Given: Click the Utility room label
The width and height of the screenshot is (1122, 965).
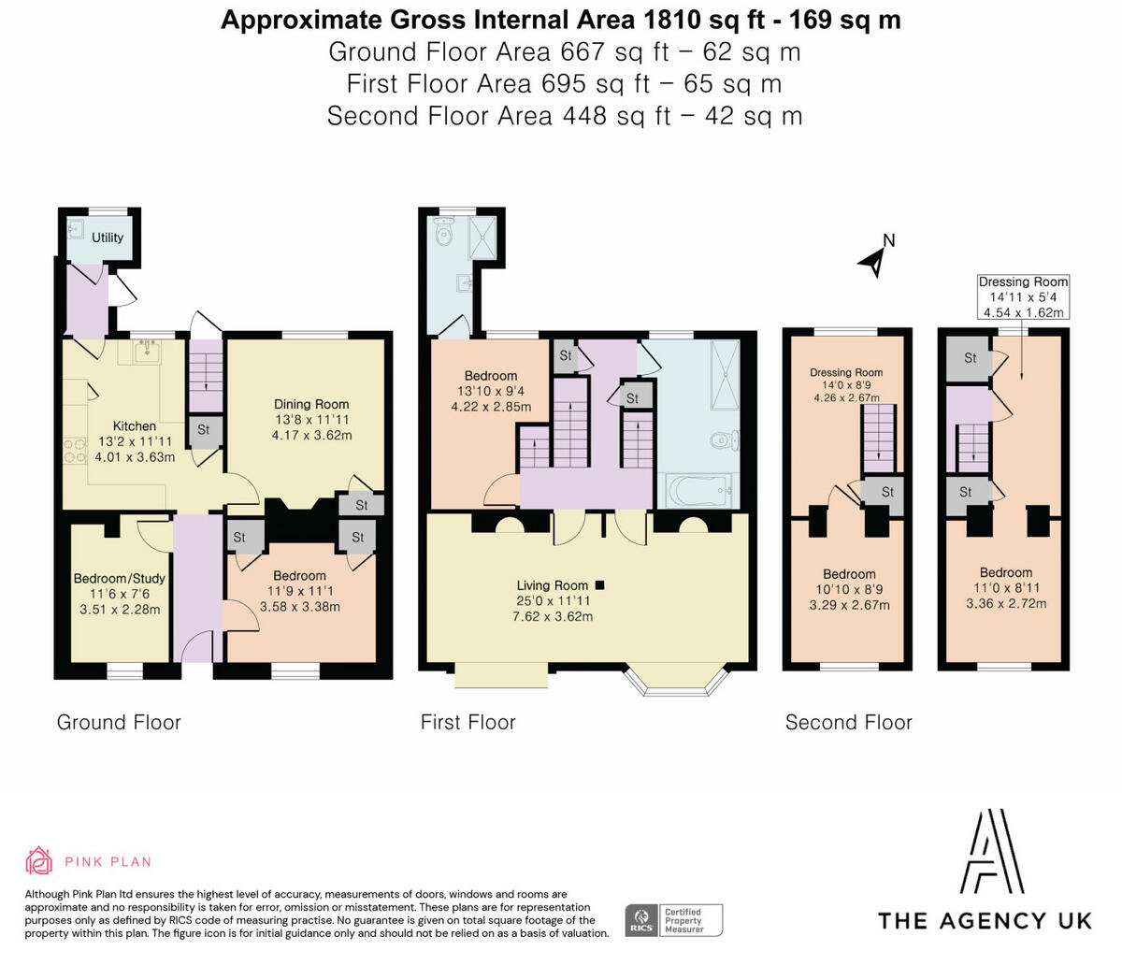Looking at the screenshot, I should click(108, 238).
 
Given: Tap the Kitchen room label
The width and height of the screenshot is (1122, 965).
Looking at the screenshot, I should click(135, 425).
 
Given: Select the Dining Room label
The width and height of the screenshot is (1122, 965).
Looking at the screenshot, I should click(311, 404).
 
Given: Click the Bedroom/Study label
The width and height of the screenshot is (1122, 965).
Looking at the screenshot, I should click(119, 579).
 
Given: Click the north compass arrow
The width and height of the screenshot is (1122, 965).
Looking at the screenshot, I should click(873, 260).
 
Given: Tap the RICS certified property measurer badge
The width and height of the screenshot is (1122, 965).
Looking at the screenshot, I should click(673, 919).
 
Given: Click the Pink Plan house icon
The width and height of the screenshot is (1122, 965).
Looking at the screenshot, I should click(39, 861).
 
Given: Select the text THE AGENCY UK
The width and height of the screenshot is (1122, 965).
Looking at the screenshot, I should click(985, 920).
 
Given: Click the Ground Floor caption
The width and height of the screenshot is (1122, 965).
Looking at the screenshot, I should click(119, 722).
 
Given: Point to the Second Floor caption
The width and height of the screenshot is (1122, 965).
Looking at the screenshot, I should click(848, 722).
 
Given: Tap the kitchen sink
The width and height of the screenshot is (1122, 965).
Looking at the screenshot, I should click(146, 352).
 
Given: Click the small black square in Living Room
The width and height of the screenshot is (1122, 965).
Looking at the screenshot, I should click(600, 585).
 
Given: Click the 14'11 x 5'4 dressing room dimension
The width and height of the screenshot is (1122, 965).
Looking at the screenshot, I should click(1023, 297).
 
